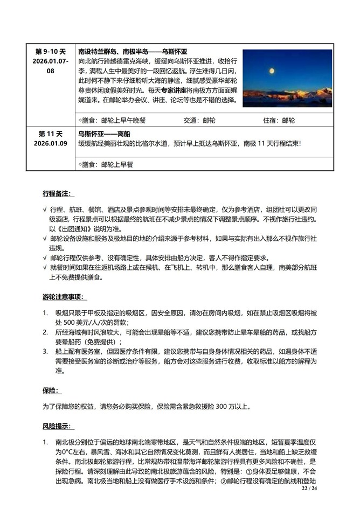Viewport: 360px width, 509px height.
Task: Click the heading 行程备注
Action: (59, 193)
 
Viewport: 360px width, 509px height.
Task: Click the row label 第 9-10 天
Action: (50, 52)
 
